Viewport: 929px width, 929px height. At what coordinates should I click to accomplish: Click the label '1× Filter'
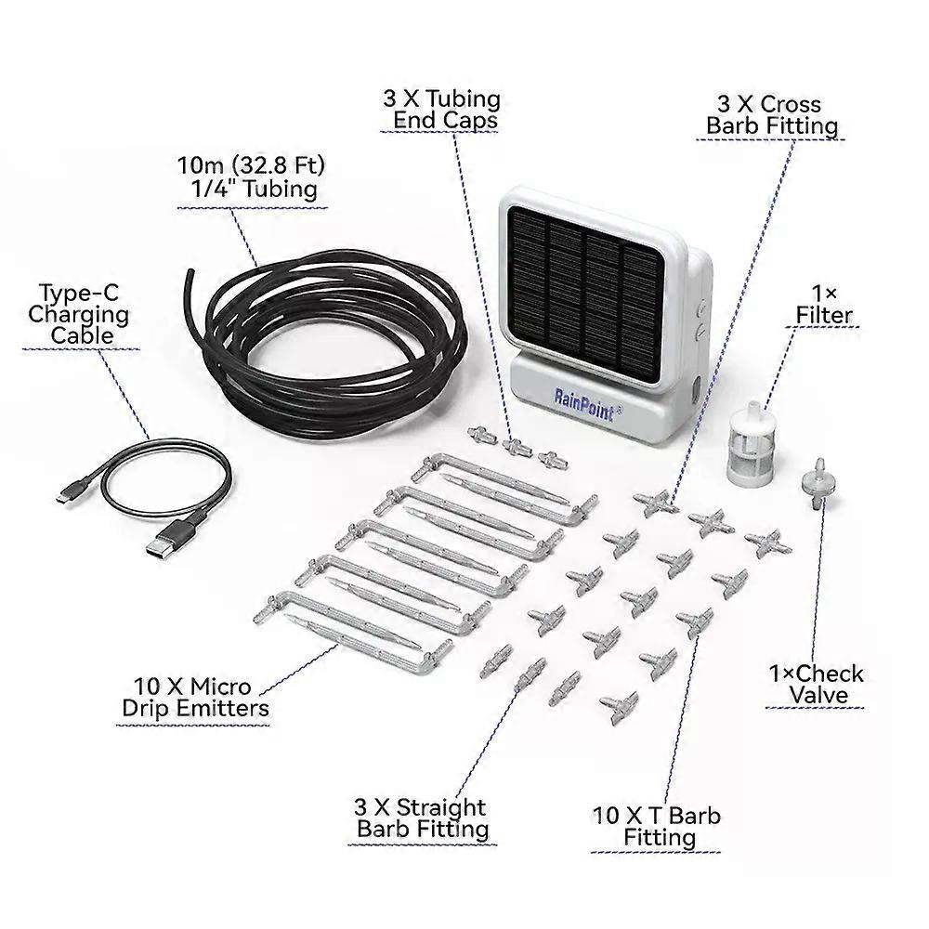[x=824, y=305]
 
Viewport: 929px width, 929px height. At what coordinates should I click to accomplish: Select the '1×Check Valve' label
[x=816, y=685]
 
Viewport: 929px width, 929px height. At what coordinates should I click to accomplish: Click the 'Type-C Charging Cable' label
[x=78, y=314]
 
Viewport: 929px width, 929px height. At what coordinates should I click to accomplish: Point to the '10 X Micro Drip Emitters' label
[x=195, y=698]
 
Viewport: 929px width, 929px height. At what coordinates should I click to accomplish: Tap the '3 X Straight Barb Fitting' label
[x=421, y=818]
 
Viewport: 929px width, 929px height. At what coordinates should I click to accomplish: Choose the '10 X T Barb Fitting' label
[x=657, y=827]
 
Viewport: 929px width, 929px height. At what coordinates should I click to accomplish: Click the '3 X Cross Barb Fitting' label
[x=771, y=115]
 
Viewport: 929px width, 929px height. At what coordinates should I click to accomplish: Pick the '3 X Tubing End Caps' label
[x=442, y=109]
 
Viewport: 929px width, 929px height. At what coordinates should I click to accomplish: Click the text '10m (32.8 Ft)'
[x=252, y=164]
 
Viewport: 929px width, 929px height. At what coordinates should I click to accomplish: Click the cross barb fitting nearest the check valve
[x=768, y=543]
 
